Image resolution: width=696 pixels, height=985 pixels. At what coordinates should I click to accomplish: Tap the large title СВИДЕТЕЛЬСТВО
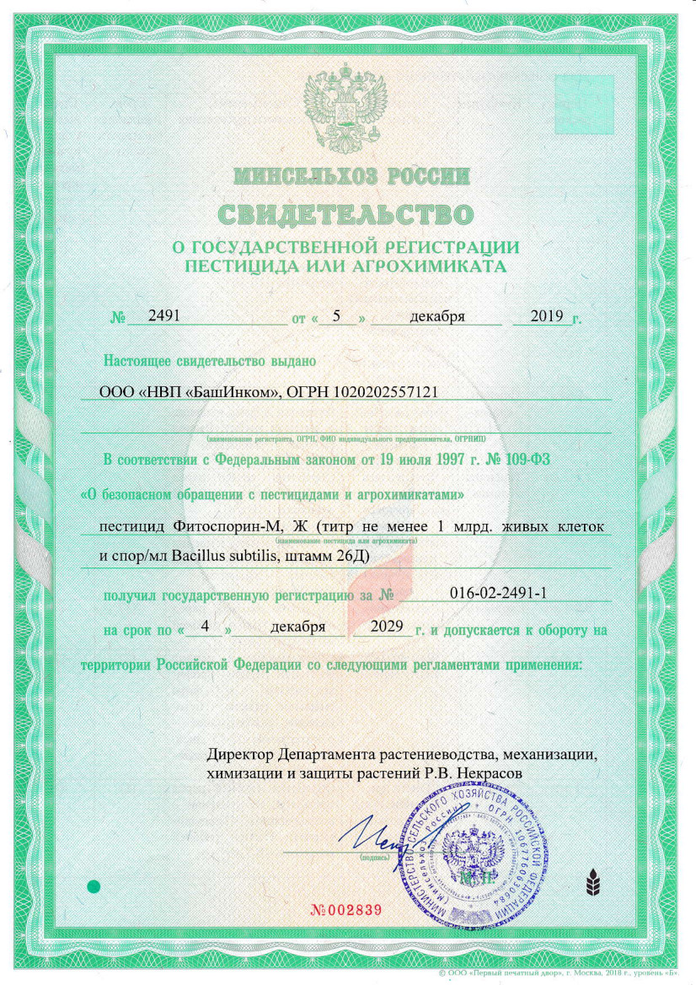click(x=348, y=213)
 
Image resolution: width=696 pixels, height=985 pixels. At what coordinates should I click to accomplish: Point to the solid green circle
click(x=94, y=886)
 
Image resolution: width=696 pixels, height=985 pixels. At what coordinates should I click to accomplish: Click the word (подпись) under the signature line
click(x=373, y=856)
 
